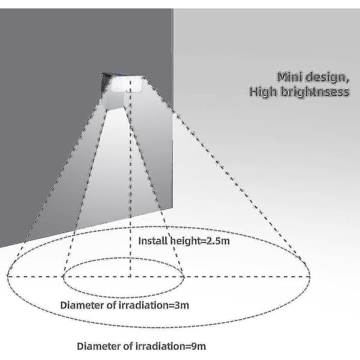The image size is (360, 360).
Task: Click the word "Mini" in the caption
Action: pos(290,77)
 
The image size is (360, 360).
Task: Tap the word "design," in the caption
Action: pos(328,77)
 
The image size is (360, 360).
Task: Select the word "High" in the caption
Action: pos(263,92)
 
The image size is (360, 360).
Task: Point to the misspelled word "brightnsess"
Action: pos(315,92)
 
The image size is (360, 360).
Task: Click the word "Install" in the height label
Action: pos(153,241)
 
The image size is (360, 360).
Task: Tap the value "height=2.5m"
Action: pos(200,241)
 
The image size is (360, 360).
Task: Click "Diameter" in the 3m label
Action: pos(79,305)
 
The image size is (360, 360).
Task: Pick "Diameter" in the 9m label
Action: pos(96,346)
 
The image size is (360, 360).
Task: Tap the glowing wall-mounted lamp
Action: pos(123,84)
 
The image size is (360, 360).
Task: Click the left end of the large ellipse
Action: pos(8,277)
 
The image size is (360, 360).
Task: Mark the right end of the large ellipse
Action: pos(310,277)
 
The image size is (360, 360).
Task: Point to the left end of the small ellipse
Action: pos(63,277)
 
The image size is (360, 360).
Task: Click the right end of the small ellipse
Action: pos(184,277)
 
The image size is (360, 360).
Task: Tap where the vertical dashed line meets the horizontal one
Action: pos(130,277)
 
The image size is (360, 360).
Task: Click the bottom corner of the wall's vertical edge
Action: pos(172,208)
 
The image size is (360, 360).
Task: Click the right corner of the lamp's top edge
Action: pos(144,76)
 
